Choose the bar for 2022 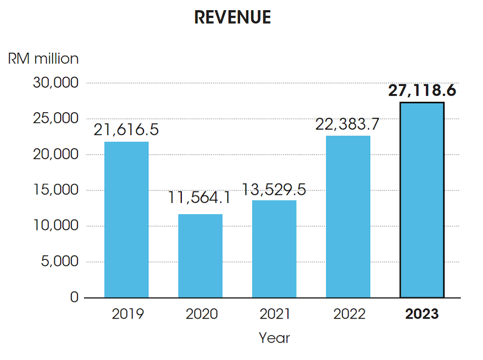click(348, 217)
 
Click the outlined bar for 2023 click(422, 200)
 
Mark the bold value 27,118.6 click(422, 91)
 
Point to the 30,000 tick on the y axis click(55, 83)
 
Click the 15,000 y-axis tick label click(55, 190)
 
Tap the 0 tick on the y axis click(74, 298)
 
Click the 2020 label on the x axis click(200, 314)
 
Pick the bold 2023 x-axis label click(422, 314)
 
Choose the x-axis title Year click(274, 338)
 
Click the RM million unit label click(43, 59)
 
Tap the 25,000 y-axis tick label click(55, 119)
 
